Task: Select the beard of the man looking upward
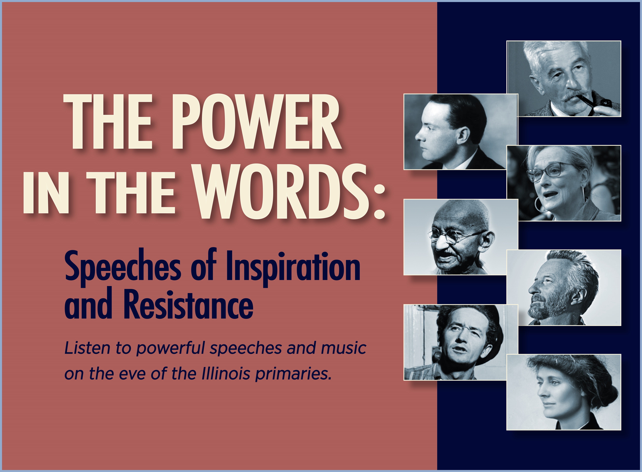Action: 547,309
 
